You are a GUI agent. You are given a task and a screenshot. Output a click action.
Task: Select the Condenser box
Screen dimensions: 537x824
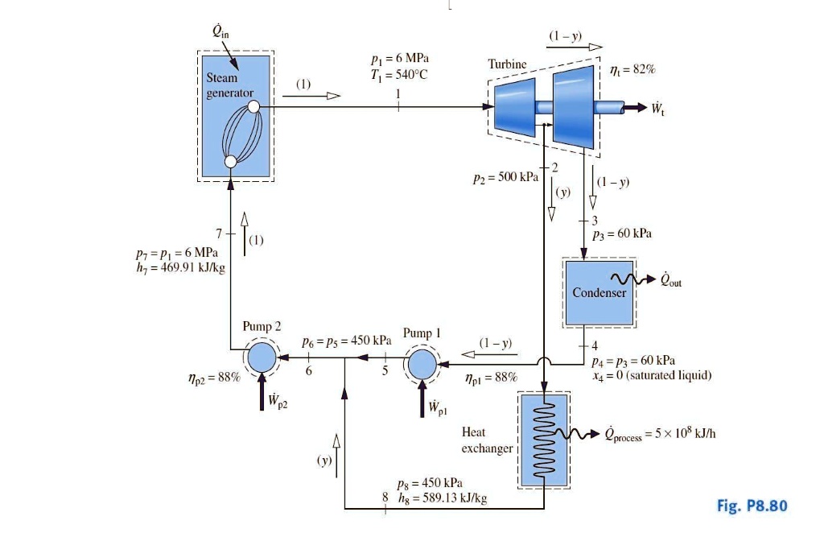[x=599, y=293]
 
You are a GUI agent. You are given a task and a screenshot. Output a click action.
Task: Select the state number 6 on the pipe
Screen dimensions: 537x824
[x=307, y=371]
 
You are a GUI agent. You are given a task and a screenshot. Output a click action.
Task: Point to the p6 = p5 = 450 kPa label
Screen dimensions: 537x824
[x=346, y=341]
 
